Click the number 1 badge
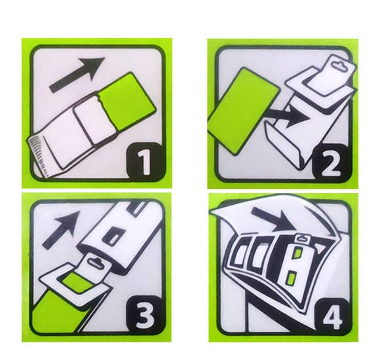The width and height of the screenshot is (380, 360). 142,160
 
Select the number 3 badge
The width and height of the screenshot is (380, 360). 142,316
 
